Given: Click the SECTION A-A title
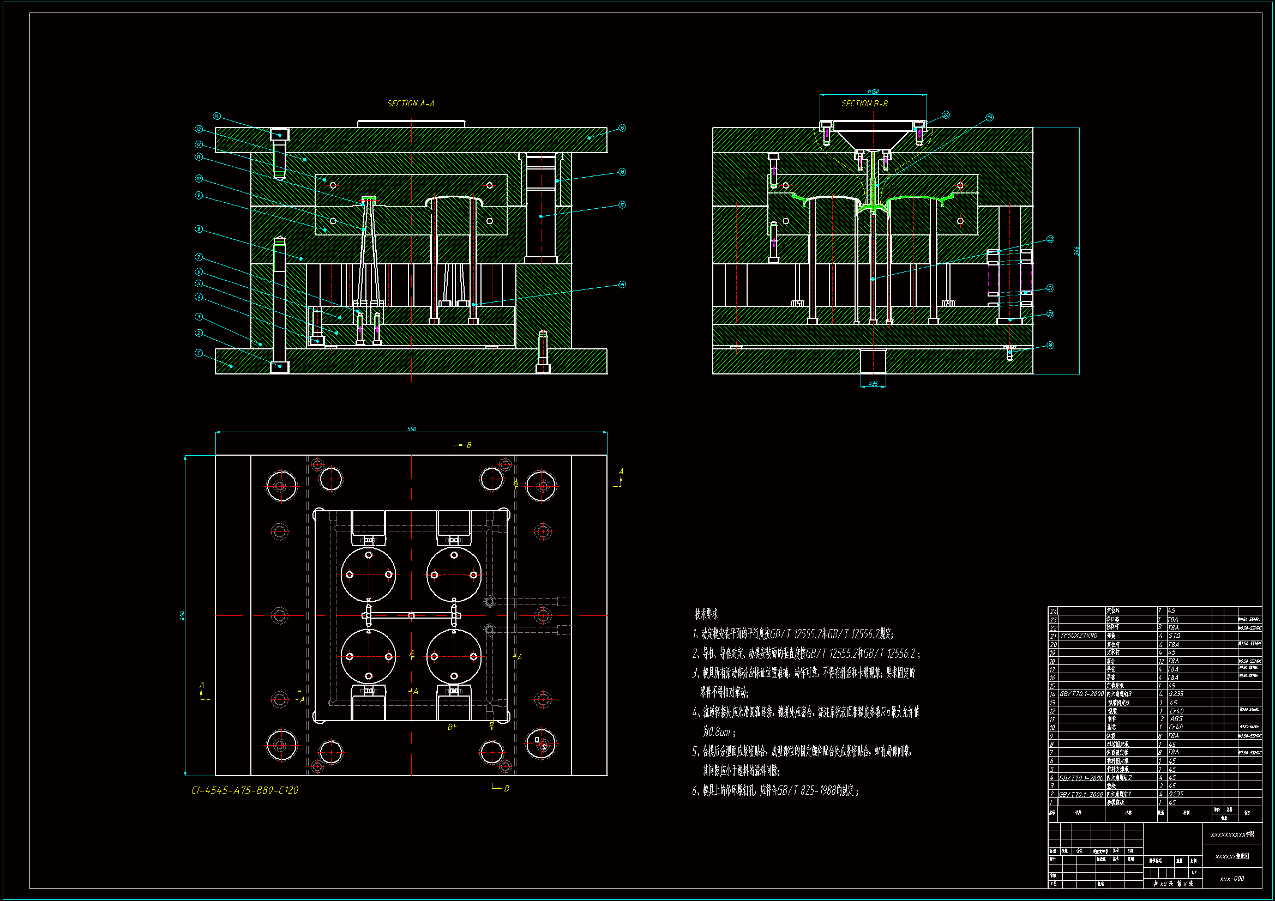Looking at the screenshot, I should (x=411, y=104).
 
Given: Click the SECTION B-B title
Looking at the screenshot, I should (x=864, y=104).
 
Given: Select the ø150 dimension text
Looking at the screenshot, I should (x=873, y=92).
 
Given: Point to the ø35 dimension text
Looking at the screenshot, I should (x=873, y=384).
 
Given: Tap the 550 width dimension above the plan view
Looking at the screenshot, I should (x=411, y=429).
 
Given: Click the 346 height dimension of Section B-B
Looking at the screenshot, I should (x=1076, y=251).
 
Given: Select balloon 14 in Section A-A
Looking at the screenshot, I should (x=216, y=117).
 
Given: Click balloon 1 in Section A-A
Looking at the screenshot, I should (x=199, y=353).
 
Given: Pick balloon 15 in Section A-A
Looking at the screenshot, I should (x=622, y=128).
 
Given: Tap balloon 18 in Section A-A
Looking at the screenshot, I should (x=622, y=285).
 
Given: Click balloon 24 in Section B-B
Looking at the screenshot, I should (x=946, y=115).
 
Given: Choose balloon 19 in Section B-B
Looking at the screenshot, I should (x=1050, y=345).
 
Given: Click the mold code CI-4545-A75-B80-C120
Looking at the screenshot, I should (x=244, y=790).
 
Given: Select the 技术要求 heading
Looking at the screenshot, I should (x=706, y=614).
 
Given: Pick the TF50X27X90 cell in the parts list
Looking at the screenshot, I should (x=1079, y=636).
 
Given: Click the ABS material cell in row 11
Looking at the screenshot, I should (x=1176, y=719).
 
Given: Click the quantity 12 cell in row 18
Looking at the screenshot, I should (x=1161, y=661).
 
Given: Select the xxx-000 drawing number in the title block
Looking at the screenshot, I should (x=1232, y=879).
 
